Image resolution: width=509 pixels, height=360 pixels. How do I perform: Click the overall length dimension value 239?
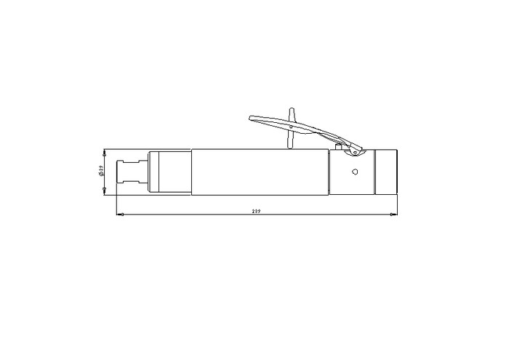(x=256, y=212)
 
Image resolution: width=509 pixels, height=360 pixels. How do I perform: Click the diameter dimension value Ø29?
(x=100, y=171)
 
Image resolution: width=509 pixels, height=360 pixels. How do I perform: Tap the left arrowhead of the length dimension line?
(x=120, y=215)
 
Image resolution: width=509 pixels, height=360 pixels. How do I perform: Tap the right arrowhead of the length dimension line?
(x=393, y=215)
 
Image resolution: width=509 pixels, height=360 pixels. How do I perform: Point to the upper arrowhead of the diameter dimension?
(x=104, y=153)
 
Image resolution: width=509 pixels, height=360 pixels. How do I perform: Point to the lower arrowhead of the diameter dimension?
(x=104, y=191)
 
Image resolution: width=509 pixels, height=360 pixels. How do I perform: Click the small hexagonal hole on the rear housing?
(x=355, y=172)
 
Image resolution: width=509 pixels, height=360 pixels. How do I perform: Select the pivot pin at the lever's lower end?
(x=355, y=152)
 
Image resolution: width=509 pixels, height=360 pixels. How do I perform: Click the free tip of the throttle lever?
(x=250, y=118)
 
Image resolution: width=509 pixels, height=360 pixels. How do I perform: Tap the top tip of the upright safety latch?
(x=292, y=109)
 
